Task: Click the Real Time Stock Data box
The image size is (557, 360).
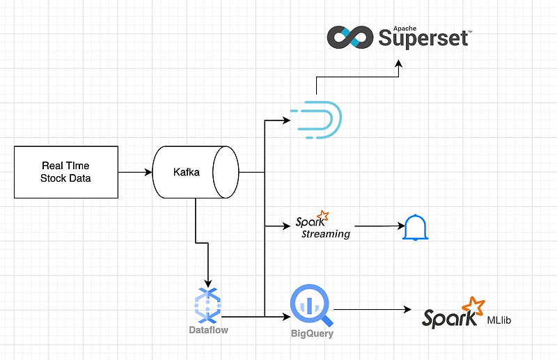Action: point(66,172)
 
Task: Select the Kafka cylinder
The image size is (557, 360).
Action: point(196,172)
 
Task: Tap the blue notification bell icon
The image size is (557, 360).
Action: point(415,228)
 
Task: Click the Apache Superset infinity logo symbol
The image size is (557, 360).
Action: point(350,37)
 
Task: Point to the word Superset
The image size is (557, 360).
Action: point(423,38)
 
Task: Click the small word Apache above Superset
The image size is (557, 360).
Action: point(405,29)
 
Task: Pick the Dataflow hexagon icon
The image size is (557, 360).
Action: point(207,305)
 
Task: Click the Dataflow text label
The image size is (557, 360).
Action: point(208,330)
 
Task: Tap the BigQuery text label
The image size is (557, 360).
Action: point(312,334)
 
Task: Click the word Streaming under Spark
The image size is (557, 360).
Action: point(326,234)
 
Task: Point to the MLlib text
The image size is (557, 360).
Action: point(499,320)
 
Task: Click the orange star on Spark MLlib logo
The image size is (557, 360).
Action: point(473,306)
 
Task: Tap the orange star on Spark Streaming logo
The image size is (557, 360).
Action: point(322,215)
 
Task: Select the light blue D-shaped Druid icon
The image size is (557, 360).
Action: point(316,120)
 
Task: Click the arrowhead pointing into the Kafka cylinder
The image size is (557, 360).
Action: point(148,173)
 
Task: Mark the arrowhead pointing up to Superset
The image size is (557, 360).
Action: point(398,63)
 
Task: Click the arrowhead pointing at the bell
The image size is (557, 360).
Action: point(401,226)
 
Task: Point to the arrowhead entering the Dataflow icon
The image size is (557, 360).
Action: point(207,283)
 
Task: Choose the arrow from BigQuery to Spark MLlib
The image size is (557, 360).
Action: point(372,310)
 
